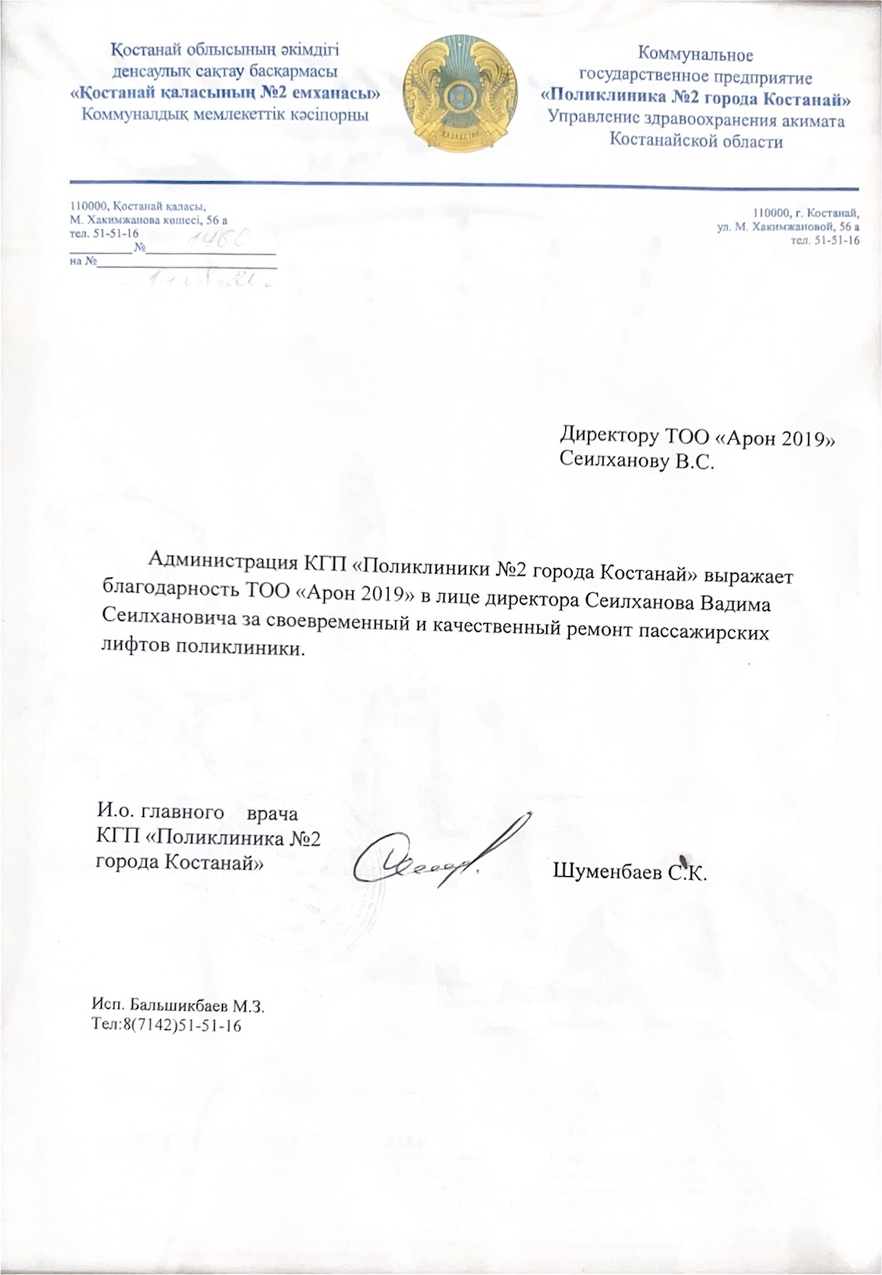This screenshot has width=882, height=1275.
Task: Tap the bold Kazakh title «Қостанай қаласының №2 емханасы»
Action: click(x=226, y=93)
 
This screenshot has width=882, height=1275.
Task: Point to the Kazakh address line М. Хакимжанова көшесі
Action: click(x=148, y=220)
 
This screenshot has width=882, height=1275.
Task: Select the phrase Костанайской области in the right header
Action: click(x=696, y=142)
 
